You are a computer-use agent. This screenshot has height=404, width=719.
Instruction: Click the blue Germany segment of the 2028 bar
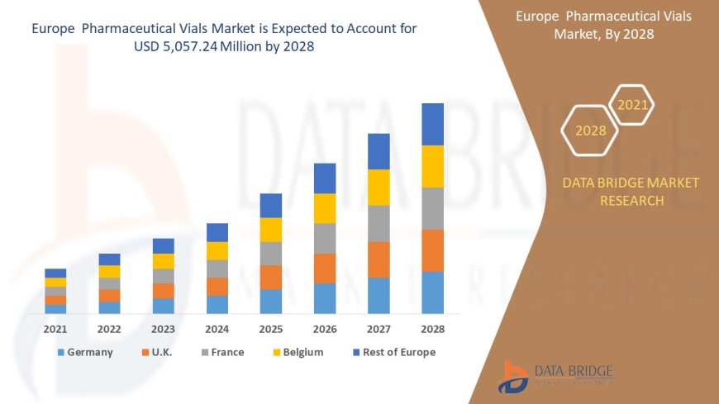coord(432,292)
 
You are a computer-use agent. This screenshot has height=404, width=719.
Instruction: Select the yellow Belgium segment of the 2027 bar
coord(379,188)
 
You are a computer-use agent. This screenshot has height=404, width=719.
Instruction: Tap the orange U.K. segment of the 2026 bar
coord(325,269)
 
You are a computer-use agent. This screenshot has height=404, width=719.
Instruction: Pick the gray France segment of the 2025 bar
coord(271,254)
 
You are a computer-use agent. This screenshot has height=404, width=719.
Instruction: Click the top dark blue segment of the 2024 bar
coord(217,232)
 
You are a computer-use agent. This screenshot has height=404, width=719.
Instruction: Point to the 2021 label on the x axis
coord(55,329)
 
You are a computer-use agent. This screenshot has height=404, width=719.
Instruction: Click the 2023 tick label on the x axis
coord(163,329)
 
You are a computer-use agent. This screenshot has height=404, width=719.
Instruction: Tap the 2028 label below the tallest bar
coord(432,329)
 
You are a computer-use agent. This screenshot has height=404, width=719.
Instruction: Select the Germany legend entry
coord(85,352)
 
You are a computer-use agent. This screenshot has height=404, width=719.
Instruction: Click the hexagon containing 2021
coord(633,105)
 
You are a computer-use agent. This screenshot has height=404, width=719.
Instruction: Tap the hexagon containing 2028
coord(590,131)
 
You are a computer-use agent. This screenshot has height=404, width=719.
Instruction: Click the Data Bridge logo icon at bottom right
coord(515,377)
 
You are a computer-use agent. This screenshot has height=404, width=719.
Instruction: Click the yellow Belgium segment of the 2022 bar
coord(109,272)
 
